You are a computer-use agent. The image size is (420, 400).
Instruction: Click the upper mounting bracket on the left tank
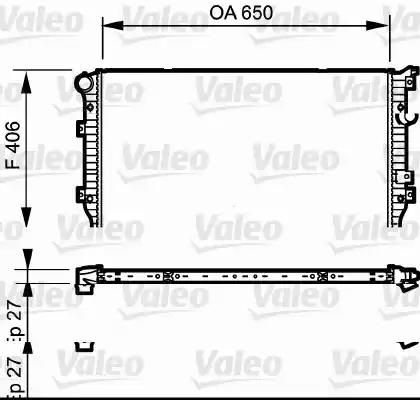pyautogui.click(x=81, y=126)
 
